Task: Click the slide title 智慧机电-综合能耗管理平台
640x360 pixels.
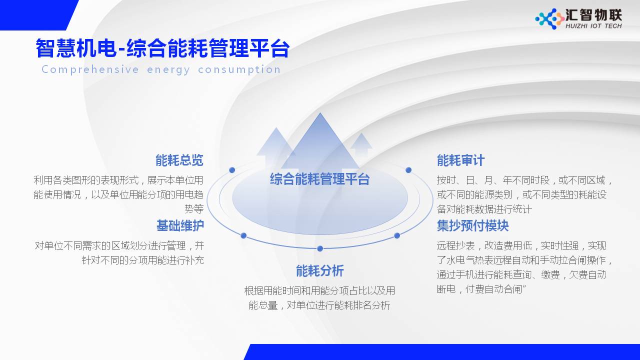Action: pyautogui.click(x=162, y=49)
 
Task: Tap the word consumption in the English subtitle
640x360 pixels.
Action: pyautogui.click(x=239, y=69)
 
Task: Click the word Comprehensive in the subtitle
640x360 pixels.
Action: pyautogui.click(x=90, y=69)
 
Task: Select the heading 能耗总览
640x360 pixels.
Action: pyautogui.click(x=179, y=160)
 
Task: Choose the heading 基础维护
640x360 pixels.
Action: pyautogui.click(x=180, y=225)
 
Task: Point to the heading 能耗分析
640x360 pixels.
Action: pyautogui.click(x=319, y=271)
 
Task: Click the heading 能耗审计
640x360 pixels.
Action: pyautogui.click(x=460, y=160)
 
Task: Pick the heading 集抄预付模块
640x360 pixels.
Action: pyautogui.click(x=472, y=225)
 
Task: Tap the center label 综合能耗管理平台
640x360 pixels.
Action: pyautogui.click(x=319, y=179)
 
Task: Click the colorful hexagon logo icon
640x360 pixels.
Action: pyautogui.click(x=549, y=19)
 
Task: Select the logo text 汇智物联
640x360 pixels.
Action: pyautogui.click(x=593, y=14)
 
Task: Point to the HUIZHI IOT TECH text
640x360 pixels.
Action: pyautogui.click(x=593, y=26)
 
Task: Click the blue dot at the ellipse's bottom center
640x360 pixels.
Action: pyautogui.click(x=320, y=248)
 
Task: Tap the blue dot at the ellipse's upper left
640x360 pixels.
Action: pyautogui.click(x=232, y=170)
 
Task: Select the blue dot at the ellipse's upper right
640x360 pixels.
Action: pyautogui.click(x=408, y=170)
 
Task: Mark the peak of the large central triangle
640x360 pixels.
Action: pyautogui.click(x=320, y=114)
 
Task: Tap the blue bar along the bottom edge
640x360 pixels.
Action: pyautogui.click(x=440, y=352)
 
